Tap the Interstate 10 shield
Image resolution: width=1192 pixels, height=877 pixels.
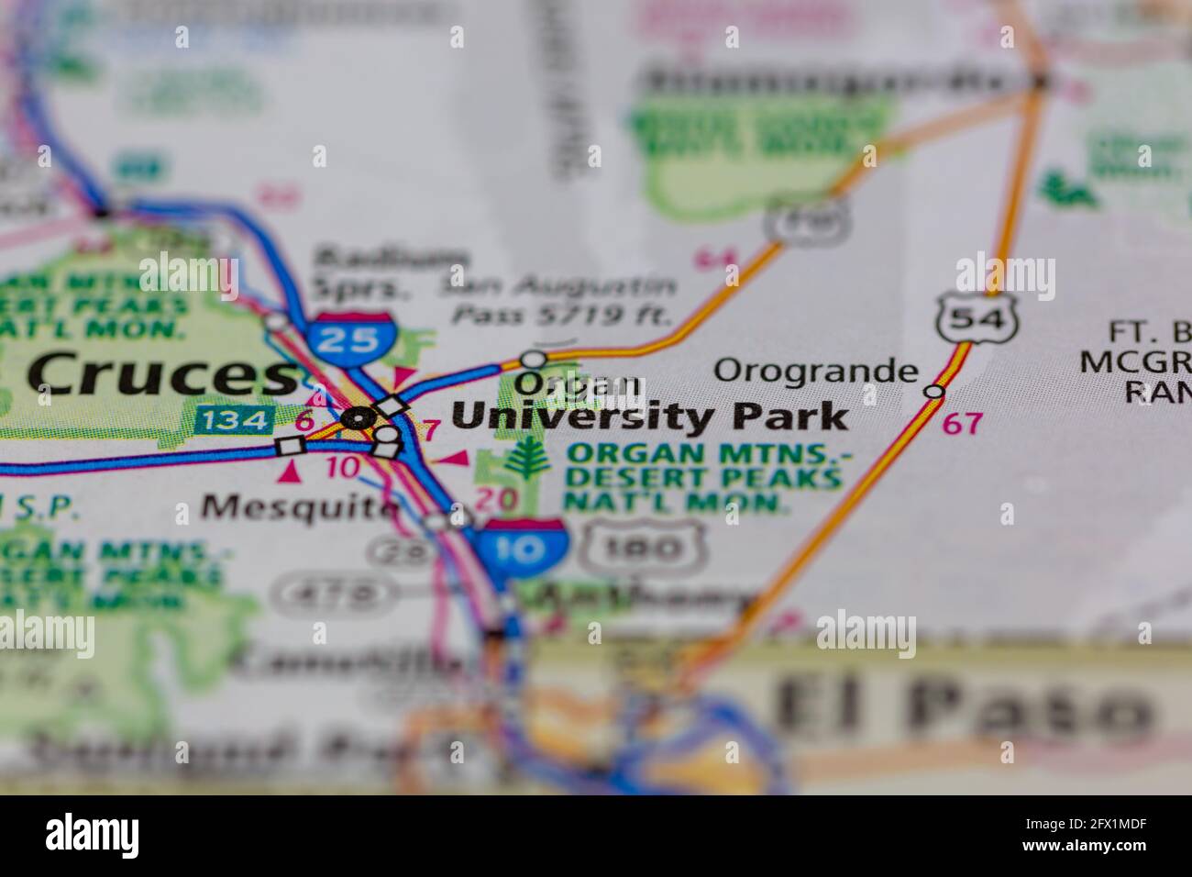click(522, 548)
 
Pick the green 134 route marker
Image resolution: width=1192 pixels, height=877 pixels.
click(235, 420)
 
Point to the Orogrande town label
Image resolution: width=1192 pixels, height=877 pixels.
click(815, 371)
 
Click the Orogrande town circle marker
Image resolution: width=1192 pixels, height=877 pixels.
click(933, 392)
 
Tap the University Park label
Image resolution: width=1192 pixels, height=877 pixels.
click(650, 417)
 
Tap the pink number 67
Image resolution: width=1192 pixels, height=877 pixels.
click(962, 423)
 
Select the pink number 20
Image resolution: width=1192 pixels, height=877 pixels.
click(496, 498)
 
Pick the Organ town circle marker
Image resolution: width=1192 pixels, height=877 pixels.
click(533, 359)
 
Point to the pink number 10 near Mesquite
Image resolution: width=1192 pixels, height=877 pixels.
click(344, 467)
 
